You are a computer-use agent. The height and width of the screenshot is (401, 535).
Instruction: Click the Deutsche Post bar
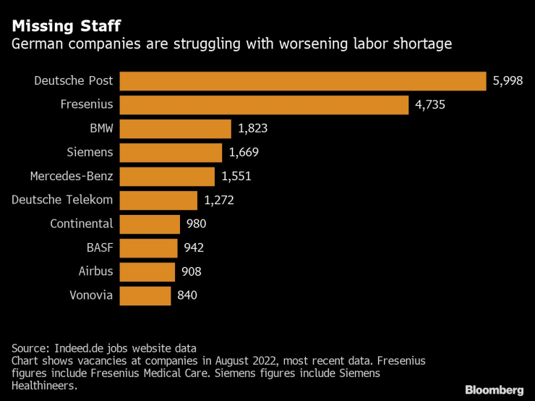(302, 81)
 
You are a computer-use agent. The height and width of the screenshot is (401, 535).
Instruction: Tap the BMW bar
(175, 129)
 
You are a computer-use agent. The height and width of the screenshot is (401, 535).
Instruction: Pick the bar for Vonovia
(145, 295)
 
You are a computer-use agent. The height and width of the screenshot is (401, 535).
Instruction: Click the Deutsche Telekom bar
(158, 200)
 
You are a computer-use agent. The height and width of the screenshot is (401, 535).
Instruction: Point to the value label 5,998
(508, 81)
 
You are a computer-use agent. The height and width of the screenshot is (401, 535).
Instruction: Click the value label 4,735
(429, 105)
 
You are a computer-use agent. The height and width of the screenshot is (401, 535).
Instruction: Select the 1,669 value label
(244, 153)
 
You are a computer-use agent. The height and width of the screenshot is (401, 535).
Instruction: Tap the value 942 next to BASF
(194, 248)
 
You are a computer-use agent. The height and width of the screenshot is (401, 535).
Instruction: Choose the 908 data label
(192, 271)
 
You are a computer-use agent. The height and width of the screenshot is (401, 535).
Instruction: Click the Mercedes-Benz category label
(72, 176)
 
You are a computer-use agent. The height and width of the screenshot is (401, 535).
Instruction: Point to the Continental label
(82, 224)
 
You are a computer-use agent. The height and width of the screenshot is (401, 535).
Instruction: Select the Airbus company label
(95, 271)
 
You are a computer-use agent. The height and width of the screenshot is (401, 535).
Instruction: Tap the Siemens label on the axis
(90, 153)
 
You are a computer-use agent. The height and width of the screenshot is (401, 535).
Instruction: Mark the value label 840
(187, 295)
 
